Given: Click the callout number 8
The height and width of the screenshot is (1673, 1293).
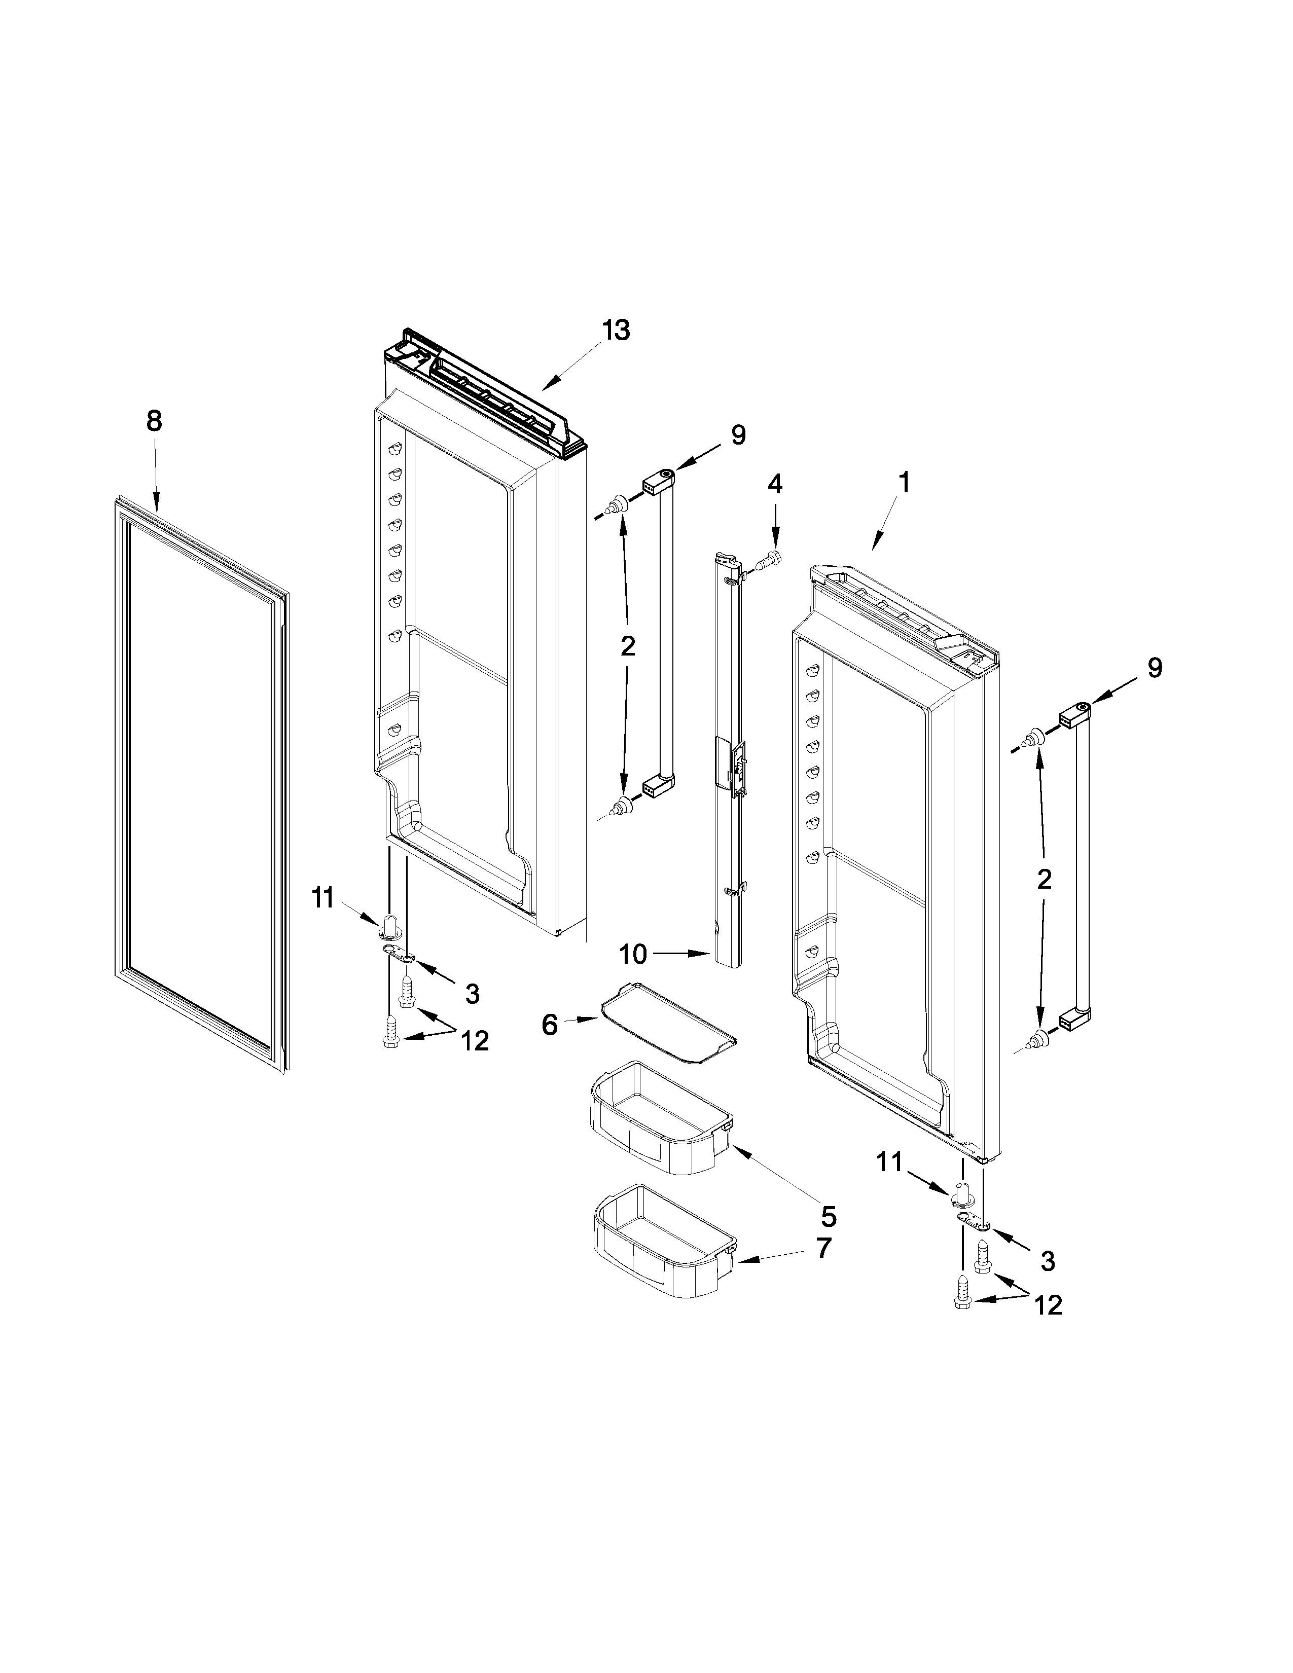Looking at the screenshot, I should pyautogui.click(x=155, y=421).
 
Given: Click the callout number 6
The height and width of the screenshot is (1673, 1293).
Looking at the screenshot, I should pyautogui.click(x=550, y=1025).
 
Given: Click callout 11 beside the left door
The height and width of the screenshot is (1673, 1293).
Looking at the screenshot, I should pyautogui.click(x=322, y=897).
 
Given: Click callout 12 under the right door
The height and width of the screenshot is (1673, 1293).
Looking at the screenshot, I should pyautogui.click(x=1048, y=1304).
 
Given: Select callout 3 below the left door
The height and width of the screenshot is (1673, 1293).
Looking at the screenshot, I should pyautogui.click(x=472, y=994).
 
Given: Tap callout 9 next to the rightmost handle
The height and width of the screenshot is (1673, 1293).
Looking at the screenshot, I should pyautogui.click(x=1154, y=668).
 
